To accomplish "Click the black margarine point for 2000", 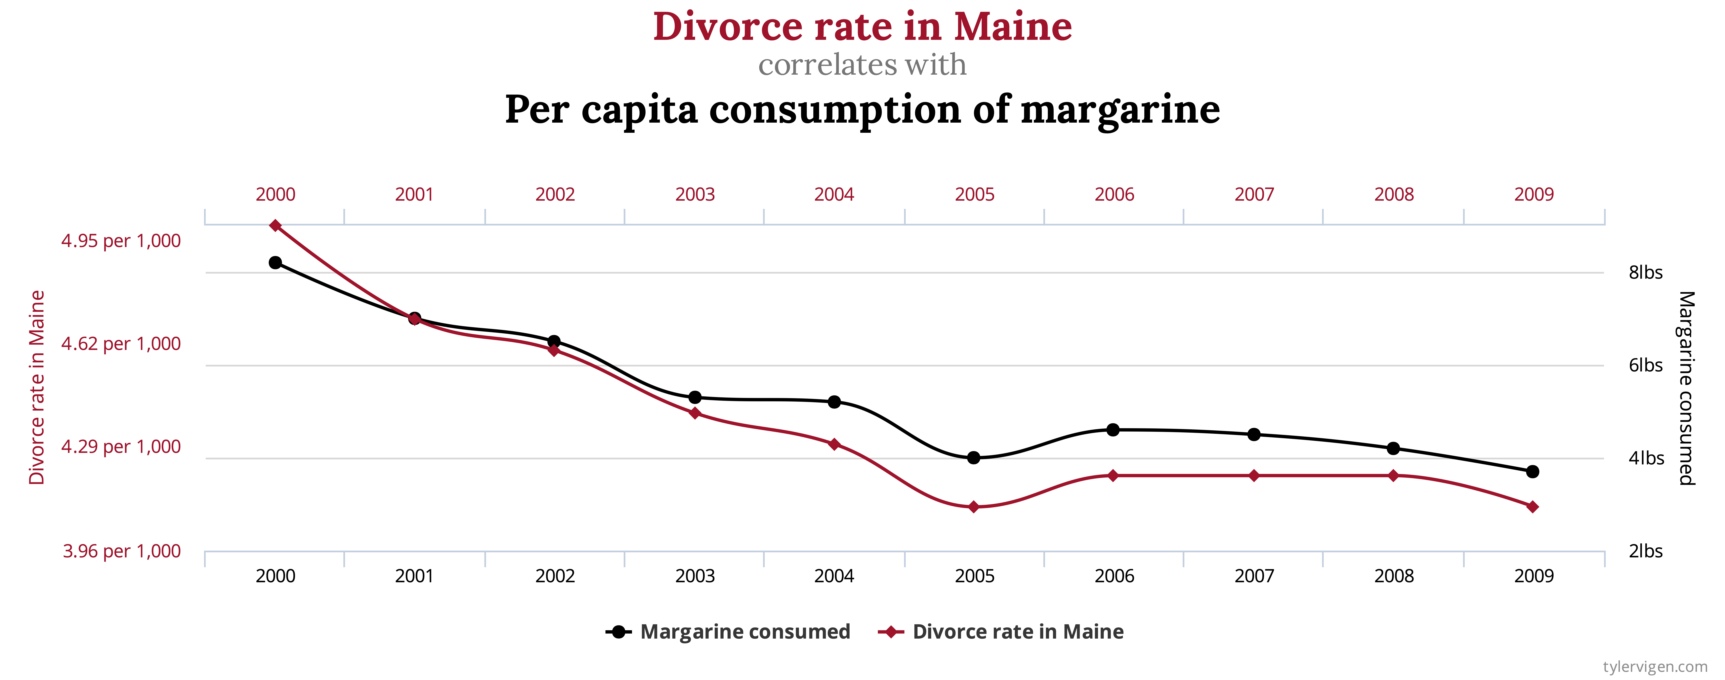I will coord(275,263).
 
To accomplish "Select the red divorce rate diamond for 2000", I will coord(275,226).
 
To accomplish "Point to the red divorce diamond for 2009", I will coord(1533,506).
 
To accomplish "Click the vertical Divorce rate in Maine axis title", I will coord(37,387).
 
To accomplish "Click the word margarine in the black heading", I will coord(1120,109).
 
